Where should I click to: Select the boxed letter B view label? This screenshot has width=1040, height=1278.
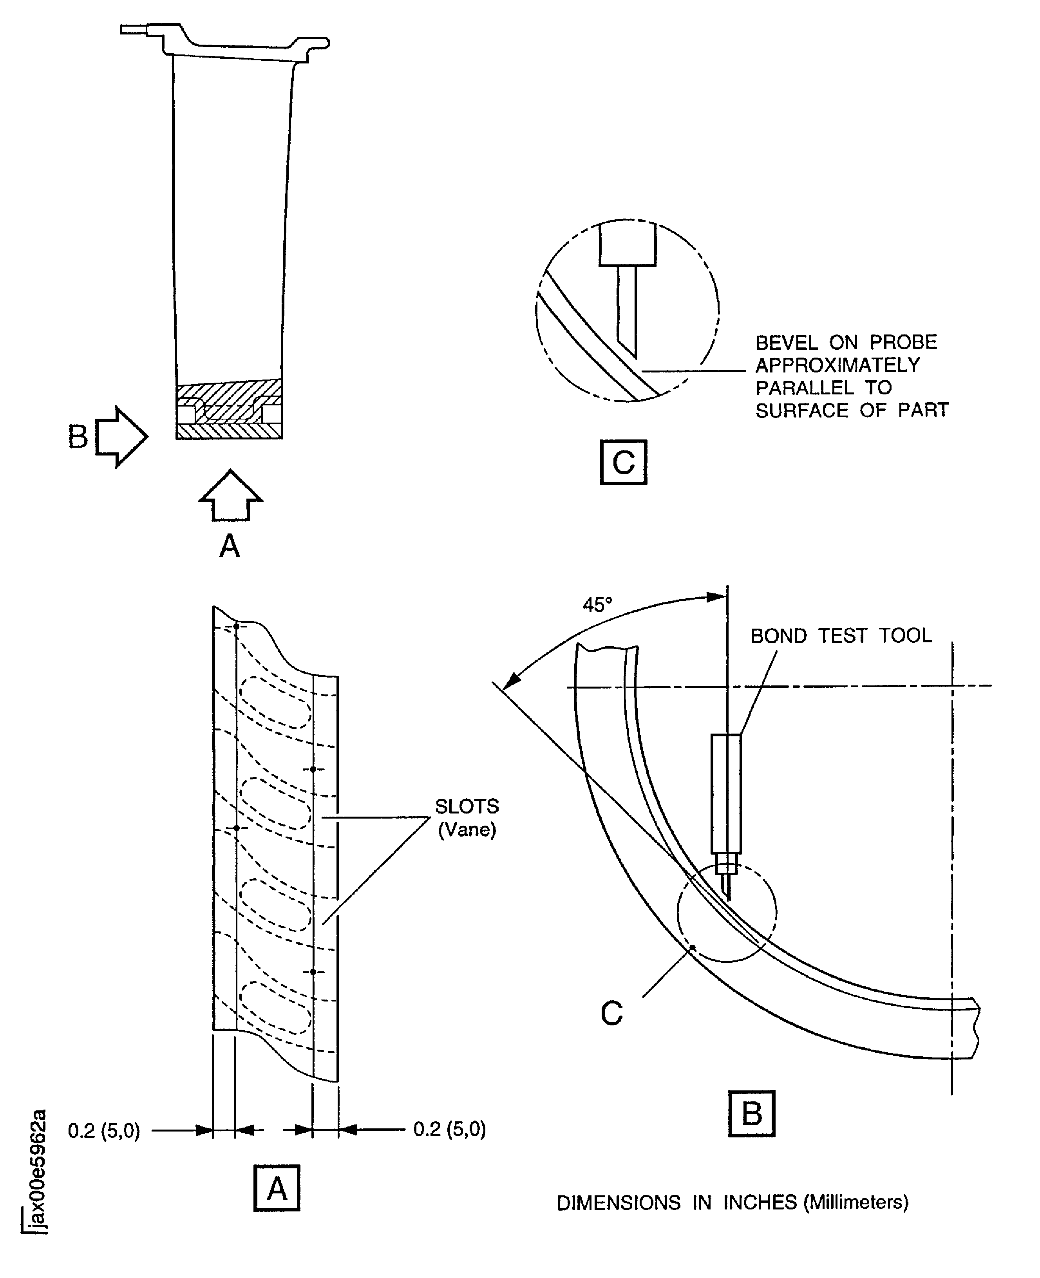point(751,1114)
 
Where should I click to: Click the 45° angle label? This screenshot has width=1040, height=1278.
point(597,605)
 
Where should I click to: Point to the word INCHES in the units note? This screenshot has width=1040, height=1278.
point(760,1202)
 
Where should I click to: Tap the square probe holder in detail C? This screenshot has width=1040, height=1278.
point(627,244)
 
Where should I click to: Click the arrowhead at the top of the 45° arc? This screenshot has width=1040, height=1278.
point(716,597)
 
